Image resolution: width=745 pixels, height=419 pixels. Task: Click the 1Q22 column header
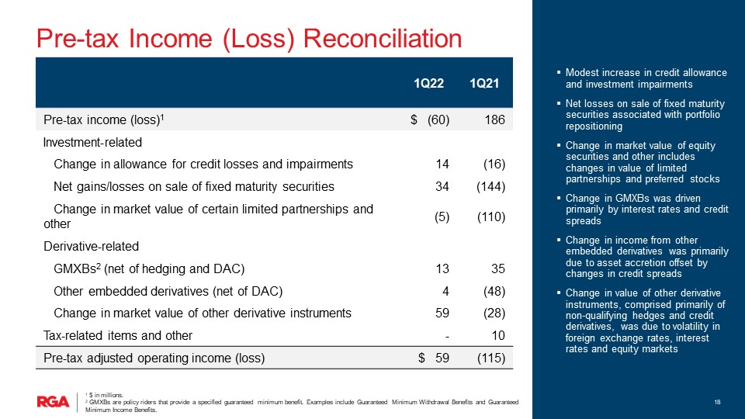click(428, 84)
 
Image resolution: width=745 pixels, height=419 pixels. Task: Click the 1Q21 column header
click(484, 84)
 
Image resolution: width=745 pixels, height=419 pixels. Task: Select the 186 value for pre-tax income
click(494, 119)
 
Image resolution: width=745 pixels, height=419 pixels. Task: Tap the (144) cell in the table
click(490, 187)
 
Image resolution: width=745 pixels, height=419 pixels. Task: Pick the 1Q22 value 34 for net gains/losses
click(442, 187)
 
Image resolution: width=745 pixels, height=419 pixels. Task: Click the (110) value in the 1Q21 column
click(490, 216)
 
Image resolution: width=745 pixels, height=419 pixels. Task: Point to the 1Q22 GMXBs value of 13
click(442, 269)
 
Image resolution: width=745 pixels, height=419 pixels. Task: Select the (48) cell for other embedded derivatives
click(494, 291)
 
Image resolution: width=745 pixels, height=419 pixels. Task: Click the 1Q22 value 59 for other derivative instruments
click(442, 313)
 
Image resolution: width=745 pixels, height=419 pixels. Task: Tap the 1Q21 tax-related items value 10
click(498, 335)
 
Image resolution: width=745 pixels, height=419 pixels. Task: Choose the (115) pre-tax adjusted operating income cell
click(490, 358)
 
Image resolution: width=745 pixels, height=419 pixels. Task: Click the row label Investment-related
click(92, 143)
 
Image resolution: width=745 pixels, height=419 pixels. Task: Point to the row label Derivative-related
click(92, 247)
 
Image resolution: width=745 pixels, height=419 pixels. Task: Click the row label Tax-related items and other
click(118, 335)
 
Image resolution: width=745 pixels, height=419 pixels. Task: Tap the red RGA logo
click(54, 402)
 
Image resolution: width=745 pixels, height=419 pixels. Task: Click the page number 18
click(717, 402)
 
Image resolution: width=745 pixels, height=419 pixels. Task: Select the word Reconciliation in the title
click(383, 39)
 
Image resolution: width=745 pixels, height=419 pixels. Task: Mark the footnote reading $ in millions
click(104, 395)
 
